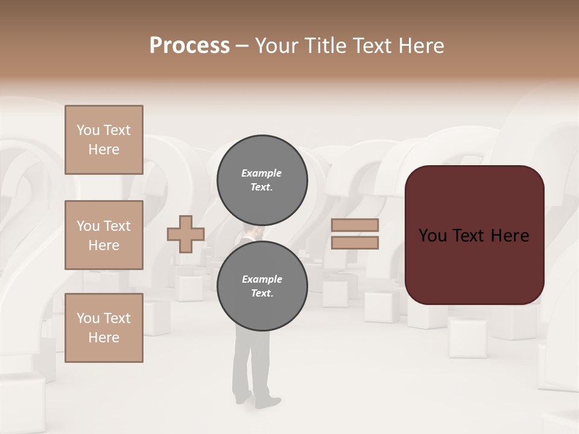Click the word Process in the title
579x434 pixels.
pos(189,46)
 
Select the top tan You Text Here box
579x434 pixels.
pos(104,140)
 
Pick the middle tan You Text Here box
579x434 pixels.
pos(104,235)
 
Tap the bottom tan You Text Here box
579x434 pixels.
pos(104,328)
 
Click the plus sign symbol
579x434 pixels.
pos(186,234)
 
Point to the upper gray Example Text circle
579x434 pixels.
pos(262,180)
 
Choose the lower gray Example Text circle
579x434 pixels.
pos(262,286)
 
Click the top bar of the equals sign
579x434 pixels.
pos(355,225)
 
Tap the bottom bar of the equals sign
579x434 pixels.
pos(355,242)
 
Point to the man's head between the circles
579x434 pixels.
pos(253,232)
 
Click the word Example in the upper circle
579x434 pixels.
pos(262,173)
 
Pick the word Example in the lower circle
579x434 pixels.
pos(262,279)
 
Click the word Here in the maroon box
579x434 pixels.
pos(510,236)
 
